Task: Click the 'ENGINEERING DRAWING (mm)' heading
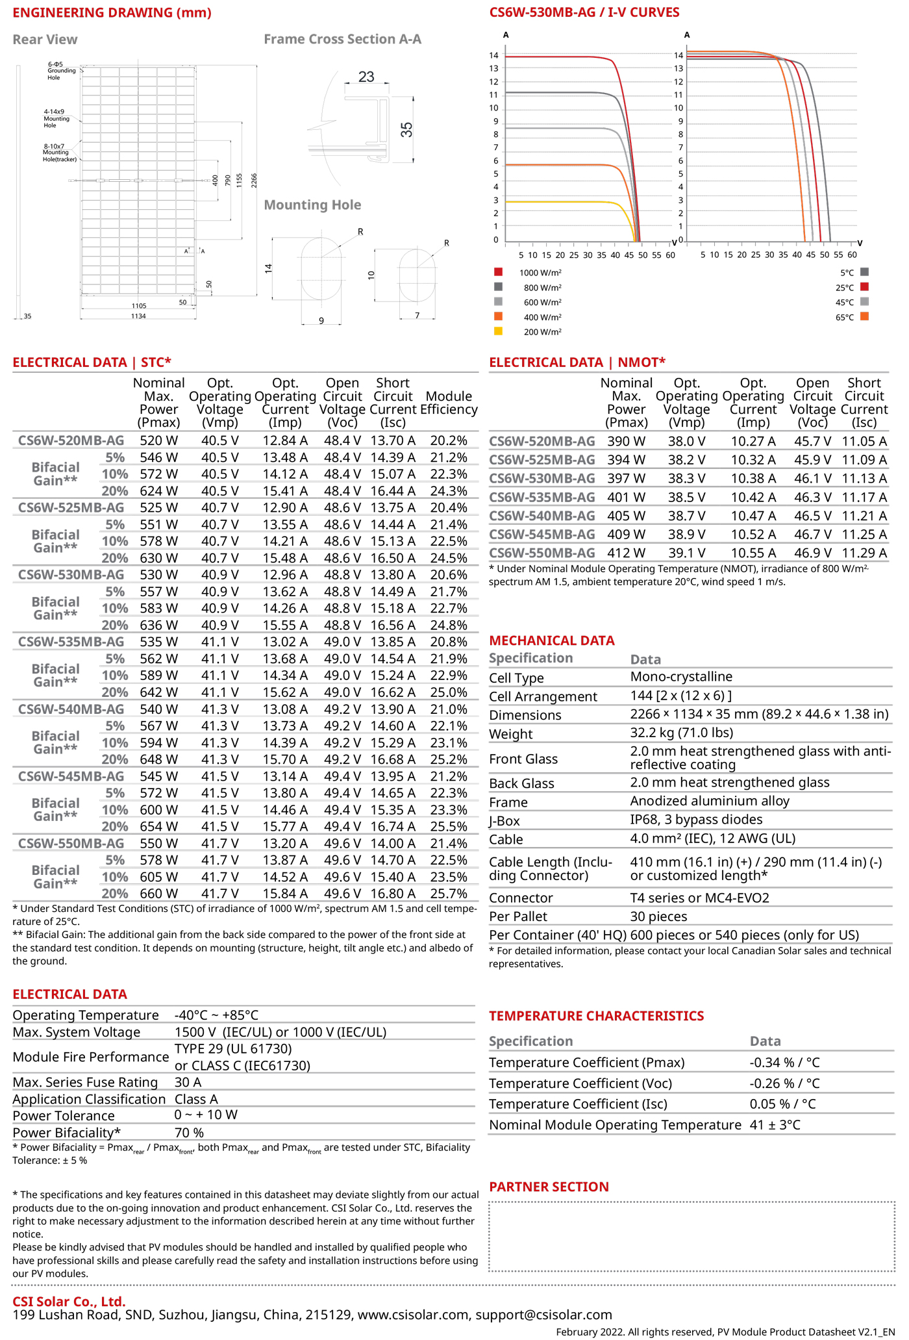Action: (112, 13)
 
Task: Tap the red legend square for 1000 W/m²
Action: (498, 272)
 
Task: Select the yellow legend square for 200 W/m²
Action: (498, 331)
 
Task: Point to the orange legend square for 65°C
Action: (864, 317)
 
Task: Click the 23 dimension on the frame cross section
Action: (366, 77)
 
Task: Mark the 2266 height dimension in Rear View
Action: (255, 181)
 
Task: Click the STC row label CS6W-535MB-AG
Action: (71, 642)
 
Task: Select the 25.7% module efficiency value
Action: (449, 894)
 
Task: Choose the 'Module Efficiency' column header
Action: (449, 403)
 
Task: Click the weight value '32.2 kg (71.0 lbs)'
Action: (681, 733)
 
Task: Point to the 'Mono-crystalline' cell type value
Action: (681, 677)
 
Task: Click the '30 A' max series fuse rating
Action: (188, 1082)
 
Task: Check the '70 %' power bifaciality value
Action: (190, 1133)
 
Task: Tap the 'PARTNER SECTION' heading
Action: (549, 1187)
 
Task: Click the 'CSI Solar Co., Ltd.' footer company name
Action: (69, 1302)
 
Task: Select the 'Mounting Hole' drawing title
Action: (312, 205)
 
